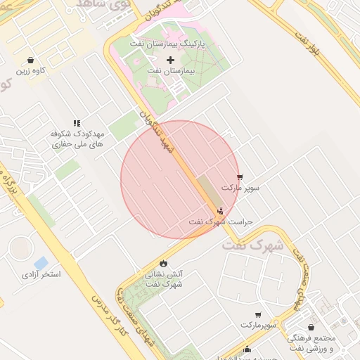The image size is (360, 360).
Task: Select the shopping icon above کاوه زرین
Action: point(30,60)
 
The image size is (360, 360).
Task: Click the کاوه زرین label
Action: point(33,71)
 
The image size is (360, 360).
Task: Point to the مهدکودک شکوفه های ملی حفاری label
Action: point(77,138)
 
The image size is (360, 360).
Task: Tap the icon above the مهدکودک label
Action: point(77,122)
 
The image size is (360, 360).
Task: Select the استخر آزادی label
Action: point(41,274)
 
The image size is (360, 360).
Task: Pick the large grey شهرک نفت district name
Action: point(253,246)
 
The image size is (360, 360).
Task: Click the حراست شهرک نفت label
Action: point(220,221)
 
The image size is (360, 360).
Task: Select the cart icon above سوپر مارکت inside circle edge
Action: point(240,177)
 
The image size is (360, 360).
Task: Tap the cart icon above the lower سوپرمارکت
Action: point(258,315)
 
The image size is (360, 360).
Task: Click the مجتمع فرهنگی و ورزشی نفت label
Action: point(313,343)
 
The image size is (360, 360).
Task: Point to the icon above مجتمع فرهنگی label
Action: point(311,327)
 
